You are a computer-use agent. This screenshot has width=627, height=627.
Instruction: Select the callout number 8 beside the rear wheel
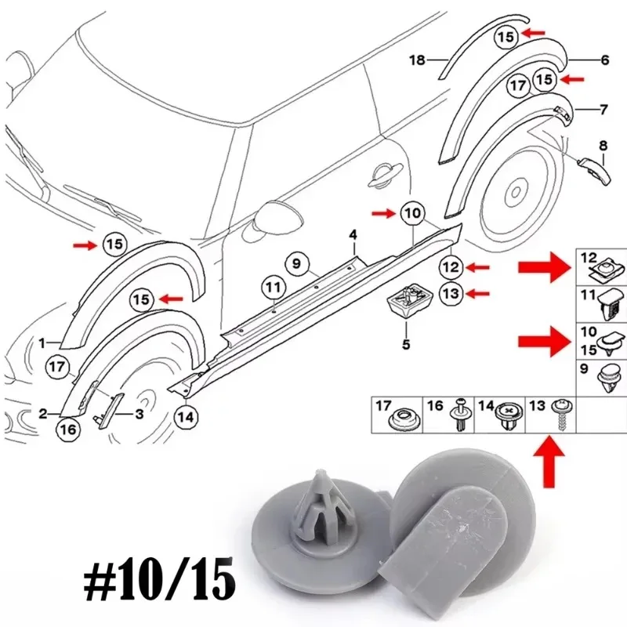click(x=603, y=145)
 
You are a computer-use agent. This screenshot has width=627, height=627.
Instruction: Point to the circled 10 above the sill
click(x=412, y=212)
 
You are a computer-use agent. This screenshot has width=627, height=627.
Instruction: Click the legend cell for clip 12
click(x=601, y=266)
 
